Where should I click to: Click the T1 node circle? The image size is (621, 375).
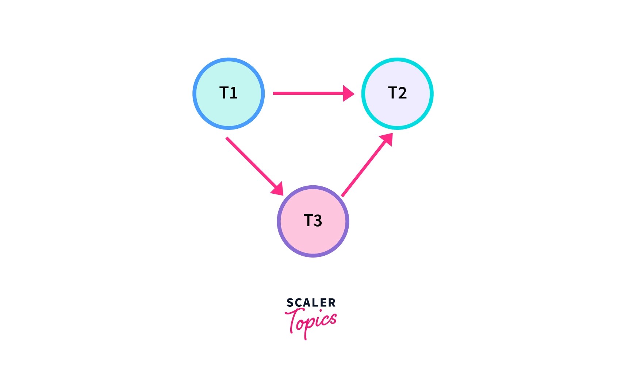tap(229, 109)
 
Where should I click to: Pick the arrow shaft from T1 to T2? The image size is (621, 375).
tap(307, 93)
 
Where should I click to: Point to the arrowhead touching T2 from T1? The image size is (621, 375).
tap(348, 93)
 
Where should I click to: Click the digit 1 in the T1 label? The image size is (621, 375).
tap(234, 93)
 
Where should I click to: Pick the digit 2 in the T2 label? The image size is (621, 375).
tap(402, 93)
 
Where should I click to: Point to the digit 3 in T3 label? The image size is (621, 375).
tap(318, 221)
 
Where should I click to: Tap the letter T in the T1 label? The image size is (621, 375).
tap(224, 93)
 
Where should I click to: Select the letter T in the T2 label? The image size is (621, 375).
tap(392, 93)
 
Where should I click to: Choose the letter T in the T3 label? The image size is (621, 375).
tap(308, 221)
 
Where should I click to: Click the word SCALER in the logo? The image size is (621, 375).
tap(311, 303)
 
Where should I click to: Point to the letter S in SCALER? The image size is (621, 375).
tap(290, 303)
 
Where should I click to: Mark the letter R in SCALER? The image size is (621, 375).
tap(332, 303)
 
